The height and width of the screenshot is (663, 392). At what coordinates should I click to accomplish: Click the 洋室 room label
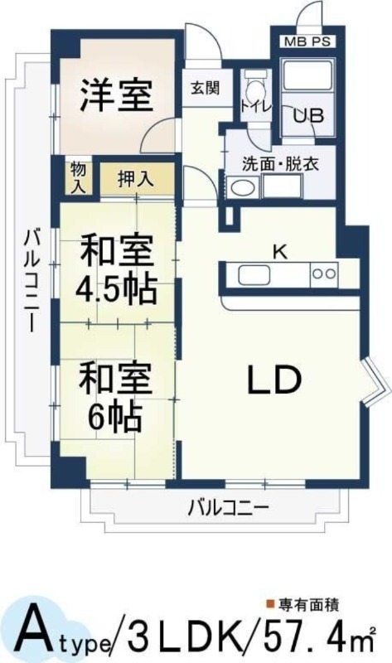116,96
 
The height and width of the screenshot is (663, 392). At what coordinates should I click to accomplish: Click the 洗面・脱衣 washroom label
274,163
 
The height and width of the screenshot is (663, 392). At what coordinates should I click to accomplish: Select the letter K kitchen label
280,253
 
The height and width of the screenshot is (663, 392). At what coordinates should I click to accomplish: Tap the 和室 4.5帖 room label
116,269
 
